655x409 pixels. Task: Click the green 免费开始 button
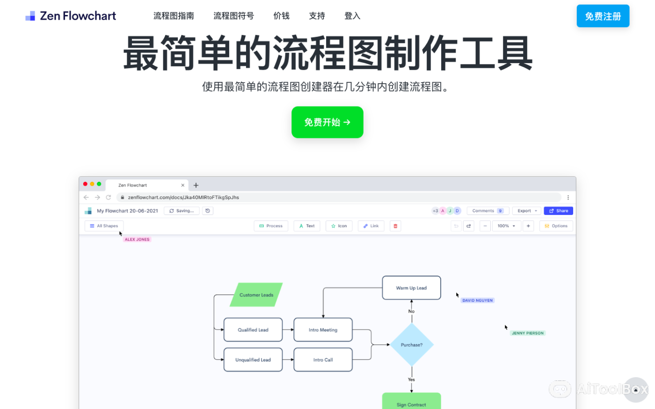point(327,122)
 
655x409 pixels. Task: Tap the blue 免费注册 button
point(603,16)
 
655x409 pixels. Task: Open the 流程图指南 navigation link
point(174,16)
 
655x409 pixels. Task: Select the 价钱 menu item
point(281,16)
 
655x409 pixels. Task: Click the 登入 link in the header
point(352,16)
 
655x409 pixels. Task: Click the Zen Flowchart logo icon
point(30,16)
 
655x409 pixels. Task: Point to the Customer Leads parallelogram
point(256,295)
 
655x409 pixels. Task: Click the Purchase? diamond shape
point(411,345)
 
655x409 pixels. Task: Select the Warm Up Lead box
point(411,288)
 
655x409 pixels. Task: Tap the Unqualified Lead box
point(253,360)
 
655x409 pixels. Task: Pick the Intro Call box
point(323,360)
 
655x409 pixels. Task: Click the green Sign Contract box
point(411,402)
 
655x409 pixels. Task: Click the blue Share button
point(558,211)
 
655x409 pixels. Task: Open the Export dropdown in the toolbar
point(527,211)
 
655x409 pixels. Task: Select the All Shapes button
point(104,226)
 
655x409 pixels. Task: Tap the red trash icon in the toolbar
point(395,226)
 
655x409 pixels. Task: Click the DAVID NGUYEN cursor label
point(477,301)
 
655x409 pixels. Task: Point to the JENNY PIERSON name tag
point(528,333)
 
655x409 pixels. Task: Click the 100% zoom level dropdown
point(506,226)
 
